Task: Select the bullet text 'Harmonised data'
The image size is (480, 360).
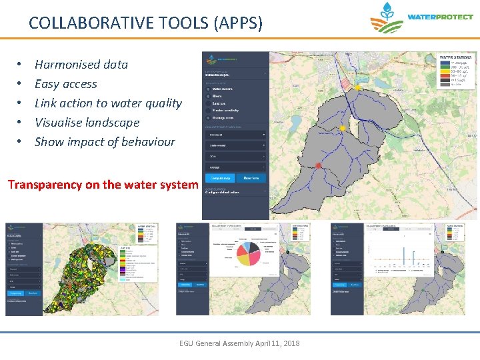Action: click(x=81, y=65)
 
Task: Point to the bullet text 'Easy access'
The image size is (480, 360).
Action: click(x=65, y=84)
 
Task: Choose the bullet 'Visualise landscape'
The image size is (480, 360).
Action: click(x=87, y=123)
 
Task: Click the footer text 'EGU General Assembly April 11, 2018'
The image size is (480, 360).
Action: click(x=239, y=343)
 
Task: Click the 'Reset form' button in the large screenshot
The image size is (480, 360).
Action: click(x=251, y=178)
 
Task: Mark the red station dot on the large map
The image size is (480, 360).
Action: click(x=319, y=165)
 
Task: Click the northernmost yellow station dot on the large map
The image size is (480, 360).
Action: click(x=358, y=87)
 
